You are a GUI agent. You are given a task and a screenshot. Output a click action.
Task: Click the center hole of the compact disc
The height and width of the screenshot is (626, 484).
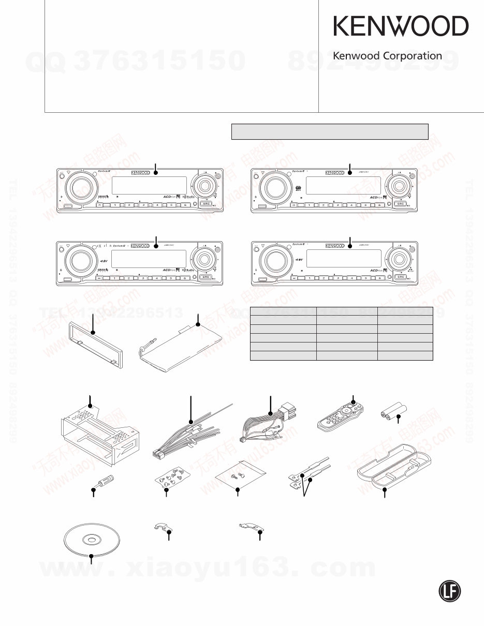tap(91, 540)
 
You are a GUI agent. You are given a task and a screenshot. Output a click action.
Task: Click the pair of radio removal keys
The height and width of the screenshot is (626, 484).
tap(308, 471)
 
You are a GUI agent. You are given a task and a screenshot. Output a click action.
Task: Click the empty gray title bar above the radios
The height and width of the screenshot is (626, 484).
tap(329, 131)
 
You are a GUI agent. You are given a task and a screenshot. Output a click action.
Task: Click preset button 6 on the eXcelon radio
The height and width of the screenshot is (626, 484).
tap(184, 278)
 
